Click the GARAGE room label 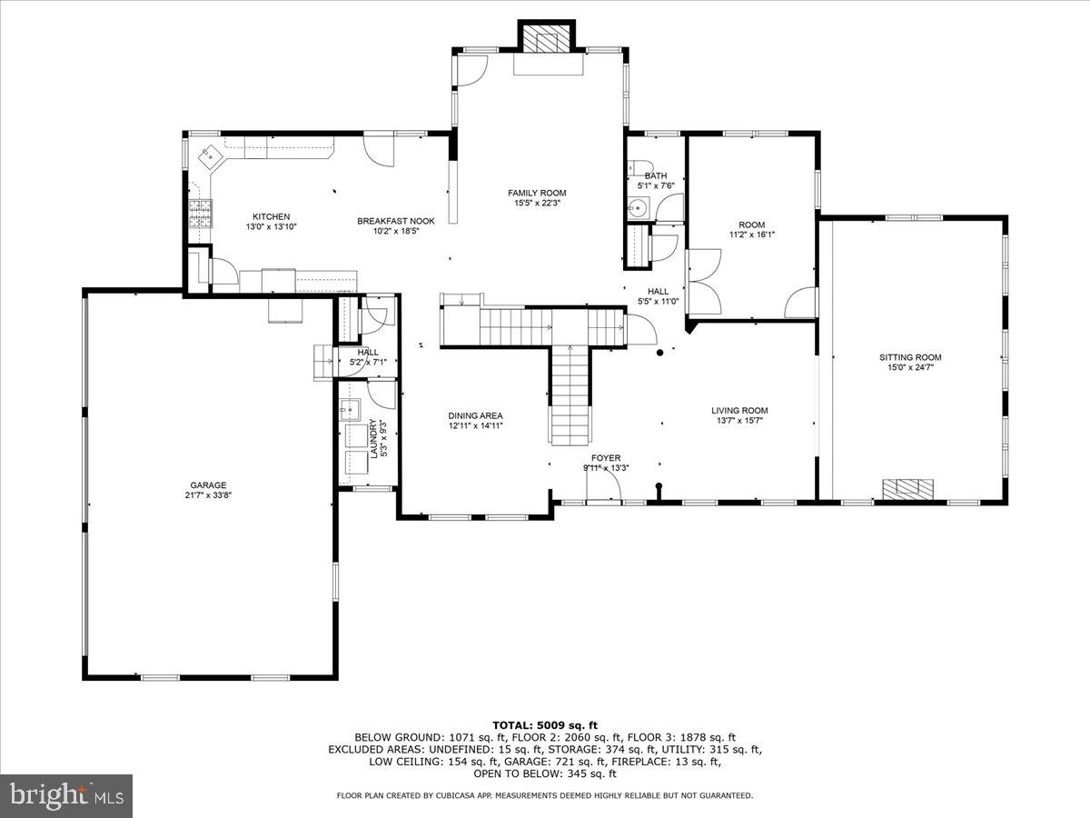[x=208, y=484]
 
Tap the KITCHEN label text [x=271, y=216]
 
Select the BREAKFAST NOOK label [x=395, y=221]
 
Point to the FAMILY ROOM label [x=537, y=193]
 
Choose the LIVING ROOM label [x=739, y=410]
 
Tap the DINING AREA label [x=475, y=415]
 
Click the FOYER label [x=606, y=458]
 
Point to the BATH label [x=655, y=175]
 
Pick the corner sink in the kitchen [x=212, y=156]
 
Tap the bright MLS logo [x=66, y=796]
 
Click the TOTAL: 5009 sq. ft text [x=544, y=724]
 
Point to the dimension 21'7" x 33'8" [x=208, y=495]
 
